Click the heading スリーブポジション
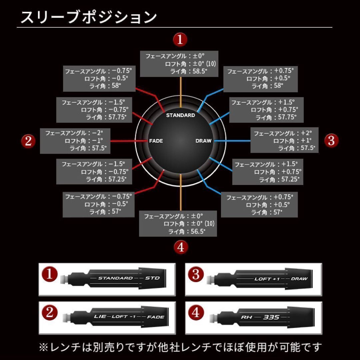88,17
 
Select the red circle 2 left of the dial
28,141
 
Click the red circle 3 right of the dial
331,140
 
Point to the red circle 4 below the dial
180,247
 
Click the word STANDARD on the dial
180,115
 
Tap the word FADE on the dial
156,141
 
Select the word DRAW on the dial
203,141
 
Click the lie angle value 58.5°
198,71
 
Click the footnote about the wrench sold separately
180,347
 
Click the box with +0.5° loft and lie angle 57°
259,205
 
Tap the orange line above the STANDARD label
180,93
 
